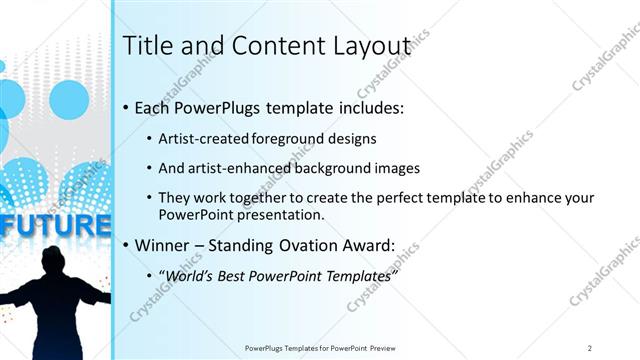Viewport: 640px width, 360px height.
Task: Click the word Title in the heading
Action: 144,46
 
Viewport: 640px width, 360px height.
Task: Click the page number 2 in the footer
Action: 590,348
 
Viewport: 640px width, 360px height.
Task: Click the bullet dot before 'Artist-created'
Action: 149,140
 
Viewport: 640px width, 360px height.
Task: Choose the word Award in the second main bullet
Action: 368,245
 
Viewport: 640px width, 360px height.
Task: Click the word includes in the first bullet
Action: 369,107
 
